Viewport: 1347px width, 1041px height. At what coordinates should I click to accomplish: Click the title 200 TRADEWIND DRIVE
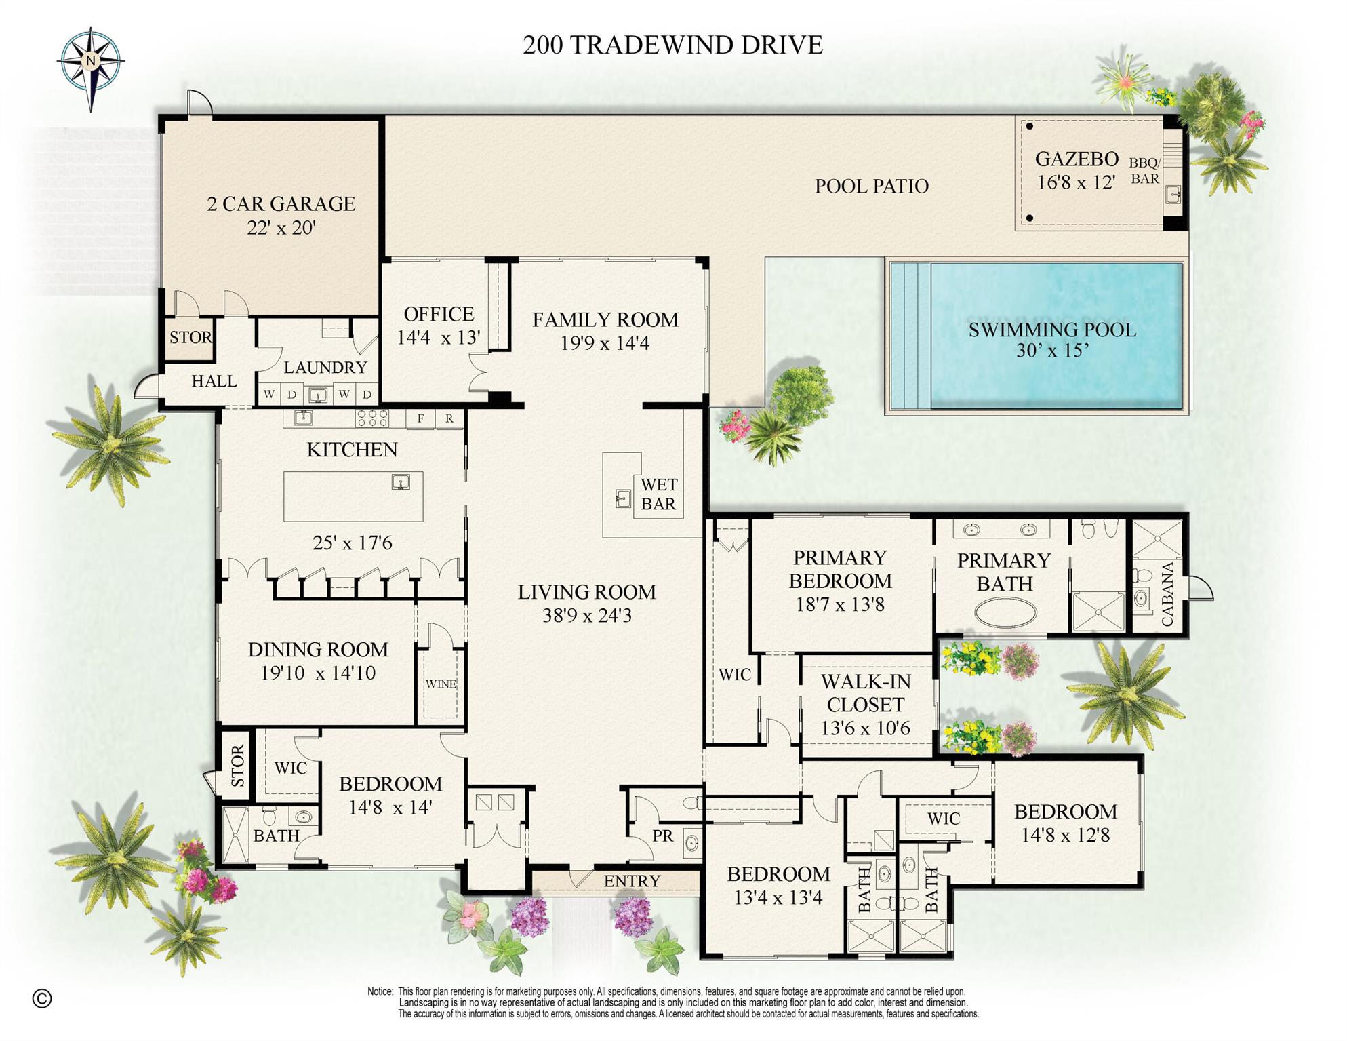pos(672,45)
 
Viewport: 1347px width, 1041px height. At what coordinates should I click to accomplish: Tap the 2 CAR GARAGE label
pos(281,203)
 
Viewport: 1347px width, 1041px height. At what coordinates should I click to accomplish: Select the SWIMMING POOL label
pos(1051,330)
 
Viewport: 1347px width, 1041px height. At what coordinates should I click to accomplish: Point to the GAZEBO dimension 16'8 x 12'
pos(1076,182)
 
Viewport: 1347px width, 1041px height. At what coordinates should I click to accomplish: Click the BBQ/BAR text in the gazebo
pos(1144,171)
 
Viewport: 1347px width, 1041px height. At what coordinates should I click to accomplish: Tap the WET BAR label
pos(658,494)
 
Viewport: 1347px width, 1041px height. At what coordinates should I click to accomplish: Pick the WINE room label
pos(441,684)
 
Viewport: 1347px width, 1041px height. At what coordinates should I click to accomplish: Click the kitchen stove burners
pos(372,418)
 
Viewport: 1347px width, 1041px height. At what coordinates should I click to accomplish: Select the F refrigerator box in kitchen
pos(420,418)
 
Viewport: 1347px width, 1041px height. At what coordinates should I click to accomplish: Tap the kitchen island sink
pos(401,482)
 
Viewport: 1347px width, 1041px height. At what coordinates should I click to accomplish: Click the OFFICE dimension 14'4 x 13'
pos(439,337)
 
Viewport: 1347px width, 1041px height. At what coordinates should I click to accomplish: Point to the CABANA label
pos(1167,595)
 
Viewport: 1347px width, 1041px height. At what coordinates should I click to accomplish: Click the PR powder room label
pos(662,836)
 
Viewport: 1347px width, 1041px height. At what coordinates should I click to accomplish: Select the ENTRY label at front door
pos(632,881)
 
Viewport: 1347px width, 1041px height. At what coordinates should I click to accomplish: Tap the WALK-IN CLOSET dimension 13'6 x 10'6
pos(865,728)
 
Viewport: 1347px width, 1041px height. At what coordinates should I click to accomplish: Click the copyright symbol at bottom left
pos(42,998)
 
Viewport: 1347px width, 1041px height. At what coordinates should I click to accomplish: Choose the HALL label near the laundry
pos(214,381)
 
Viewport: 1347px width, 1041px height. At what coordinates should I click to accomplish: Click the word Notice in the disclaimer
pos(380,991)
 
